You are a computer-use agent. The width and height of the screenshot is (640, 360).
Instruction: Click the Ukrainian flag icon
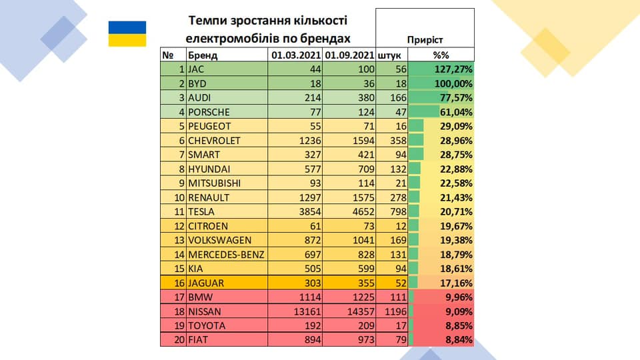pyautogui.click(x=127, y=34)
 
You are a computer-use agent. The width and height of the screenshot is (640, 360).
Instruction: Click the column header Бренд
pyautogui.click(x=203, y=55)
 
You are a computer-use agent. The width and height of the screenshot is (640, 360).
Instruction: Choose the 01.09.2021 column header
pyautogui.click(x=349, y=55)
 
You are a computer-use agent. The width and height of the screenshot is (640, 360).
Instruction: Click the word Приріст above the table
pyautogui.click(x=425, y=40)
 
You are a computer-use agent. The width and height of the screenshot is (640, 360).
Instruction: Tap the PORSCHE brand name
pyautogui.click(x=209, y=112)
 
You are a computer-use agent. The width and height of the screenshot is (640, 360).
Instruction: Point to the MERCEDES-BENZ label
pyautogui.click(x=227, y=254)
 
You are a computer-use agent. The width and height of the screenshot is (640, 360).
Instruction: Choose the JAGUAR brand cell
pyautogui.click(x=206, y=283)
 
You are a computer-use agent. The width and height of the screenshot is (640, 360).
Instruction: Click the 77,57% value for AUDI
pyautogui.click(x=454, y=98)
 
